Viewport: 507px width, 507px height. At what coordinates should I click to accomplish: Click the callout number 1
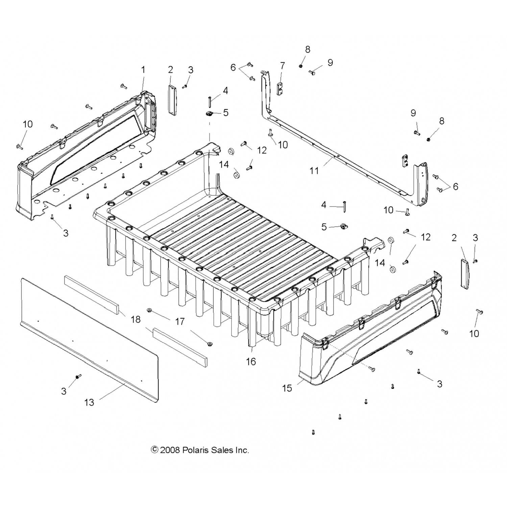point(143,70)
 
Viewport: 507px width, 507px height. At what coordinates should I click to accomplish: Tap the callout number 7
point(283,66)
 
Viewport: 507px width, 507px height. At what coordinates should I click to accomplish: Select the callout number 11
point(314,171)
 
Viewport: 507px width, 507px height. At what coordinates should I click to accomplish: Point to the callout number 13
point(89,403)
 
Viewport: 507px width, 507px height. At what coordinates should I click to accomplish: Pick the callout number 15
point(287,388)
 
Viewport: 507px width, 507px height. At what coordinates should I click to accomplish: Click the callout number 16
point(251,362)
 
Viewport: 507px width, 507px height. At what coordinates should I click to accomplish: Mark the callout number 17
point(180,321)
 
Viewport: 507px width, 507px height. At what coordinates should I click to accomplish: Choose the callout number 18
point(136,319)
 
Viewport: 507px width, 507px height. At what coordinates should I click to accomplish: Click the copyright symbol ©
point(154,450)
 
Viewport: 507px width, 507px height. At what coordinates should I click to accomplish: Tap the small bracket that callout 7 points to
point(280,88)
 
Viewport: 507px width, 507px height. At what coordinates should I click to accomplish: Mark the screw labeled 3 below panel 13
point(78,377)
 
